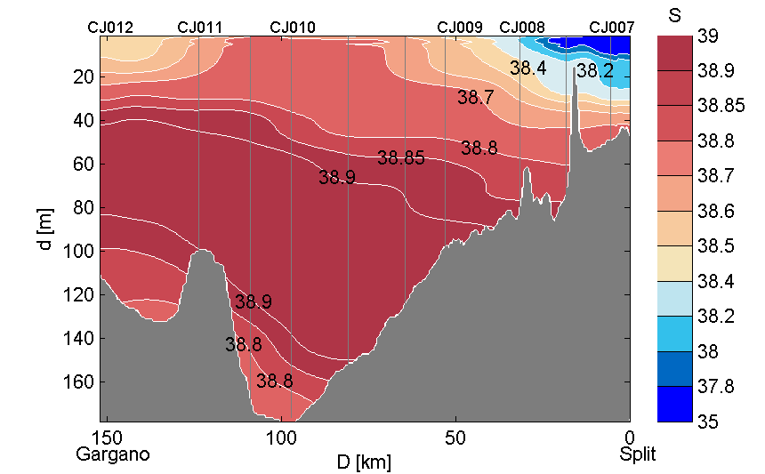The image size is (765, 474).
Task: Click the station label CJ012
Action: pos(110,28)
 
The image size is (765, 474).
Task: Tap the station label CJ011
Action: pos(200,28)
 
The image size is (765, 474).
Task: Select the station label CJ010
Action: pos(292,28)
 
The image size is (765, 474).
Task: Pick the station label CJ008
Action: pos(522,28)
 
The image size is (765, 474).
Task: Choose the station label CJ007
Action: pos(612,28)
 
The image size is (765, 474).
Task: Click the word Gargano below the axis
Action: pos(113,454)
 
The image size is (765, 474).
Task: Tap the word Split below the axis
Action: pos(638,454)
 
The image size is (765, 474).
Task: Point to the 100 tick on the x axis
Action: pos(282,438)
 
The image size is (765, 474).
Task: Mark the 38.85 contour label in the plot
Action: pos(401,159)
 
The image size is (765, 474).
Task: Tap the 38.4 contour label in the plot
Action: pos(527,68)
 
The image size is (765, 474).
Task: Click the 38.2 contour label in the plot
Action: pos(594,71)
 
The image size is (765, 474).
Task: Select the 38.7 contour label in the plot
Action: pos(475,98)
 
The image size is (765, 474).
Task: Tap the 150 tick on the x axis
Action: pos(109,438)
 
